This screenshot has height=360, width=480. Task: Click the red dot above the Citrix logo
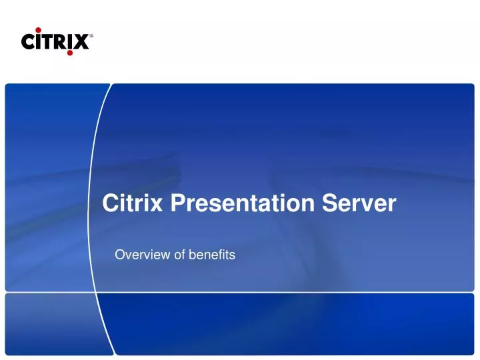(39, 29)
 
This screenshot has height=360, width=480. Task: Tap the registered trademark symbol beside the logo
(91, 37)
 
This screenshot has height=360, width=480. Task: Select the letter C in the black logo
(29, 42)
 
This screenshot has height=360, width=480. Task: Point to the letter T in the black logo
(48, 42)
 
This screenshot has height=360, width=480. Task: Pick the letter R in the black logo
(60, 42)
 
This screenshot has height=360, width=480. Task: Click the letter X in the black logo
(81, 42)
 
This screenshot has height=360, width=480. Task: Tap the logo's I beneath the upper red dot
(39, 42)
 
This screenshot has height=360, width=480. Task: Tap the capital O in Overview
(120, 254)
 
